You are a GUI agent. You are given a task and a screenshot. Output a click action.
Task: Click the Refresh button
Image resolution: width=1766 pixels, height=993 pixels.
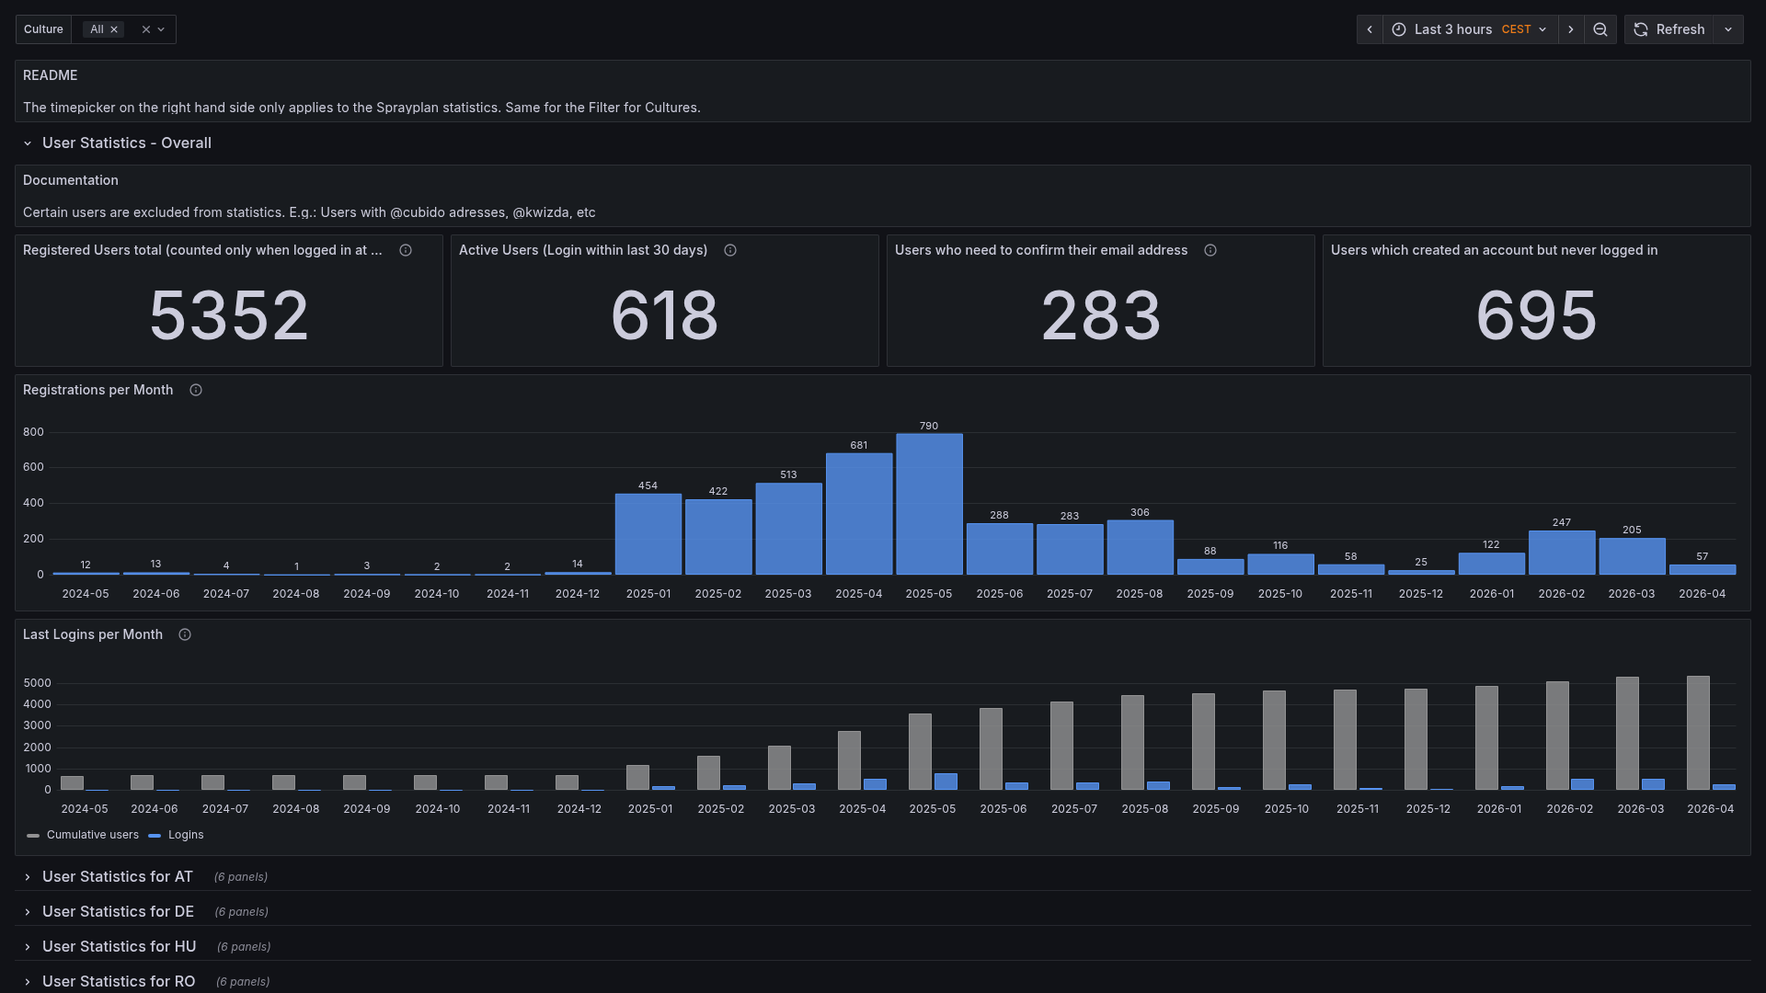tap(1670, 29)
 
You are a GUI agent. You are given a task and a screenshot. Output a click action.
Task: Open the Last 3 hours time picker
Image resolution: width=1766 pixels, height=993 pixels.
tap(1469, 29)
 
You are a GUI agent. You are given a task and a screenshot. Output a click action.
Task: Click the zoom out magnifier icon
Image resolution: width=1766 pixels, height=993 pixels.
tap(1600, 29)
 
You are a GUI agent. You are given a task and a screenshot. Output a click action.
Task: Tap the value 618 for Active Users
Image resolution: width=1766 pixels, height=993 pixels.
tap(664, 315)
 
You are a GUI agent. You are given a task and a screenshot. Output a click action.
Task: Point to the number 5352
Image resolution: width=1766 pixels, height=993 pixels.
tap(228, 315)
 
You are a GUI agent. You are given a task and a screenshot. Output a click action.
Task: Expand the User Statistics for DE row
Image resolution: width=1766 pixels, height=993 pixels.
tap(118, 911)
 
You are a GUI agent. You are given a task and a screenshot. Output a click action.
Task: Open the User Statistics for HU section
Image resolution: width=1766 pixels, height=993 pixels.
tap(119, 946)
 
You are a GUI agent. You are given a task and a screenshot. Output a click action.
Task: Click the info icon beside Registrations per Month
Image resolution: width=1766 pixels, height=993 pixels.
tap(196, 390)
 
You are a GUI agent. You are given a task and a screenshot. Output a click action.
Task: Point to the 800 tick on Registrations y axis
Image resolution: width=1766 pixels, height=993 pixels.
tap(33, 432)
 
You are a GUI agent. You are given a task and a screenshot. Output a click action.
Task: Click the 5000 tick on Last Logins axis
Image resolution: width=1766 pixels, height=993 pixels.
tap(38, 683)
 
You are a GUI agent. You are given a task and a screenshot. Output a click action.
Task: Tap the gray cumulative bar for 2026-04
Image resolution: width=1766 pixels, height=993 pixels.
tap(1698, 733)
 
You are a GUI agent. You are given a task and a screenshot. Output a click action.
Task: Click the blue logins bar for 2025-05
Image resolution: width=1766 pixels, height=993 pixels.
tap(946, 782)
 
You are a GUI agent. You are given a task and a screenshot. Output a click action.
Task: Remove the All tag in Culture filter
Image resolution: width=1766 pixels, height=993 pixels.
tap(114, 29)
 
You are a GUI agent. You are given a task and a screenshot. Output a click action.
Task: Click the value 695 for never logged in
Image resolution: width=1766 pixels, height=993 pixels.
tap(1536, 315)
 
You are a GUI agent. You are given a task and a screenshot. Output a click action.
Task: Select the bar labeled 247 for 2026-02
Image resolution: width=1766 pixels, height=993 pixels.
tap(1561, 553)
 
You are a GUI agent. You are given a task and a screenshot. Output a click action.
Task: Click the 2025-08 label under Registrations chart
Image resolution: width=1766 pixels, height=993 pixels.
tap(1139, 594)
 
